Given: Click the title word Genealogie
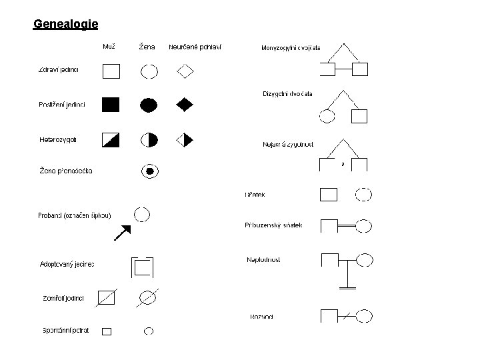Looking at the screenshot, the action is pos(66,25).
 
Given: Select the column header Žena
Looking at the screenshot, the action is pos(147,47).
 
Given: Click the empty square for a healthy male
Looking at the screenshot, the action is pos(111,71).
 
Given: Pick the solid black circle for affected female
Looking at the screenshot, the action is pos(149,104).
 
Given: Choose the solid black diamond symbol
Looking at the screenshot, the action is pos(185,104).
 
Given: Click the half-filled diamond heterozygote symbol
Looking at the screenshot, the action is pos(184,140).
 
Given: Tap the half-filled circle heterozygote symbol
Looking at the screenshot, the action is pos(149,140).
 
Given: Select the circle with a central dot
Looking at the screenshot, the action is pos(150,171).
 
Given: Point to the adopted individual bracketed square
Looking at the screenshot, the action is pos(143,267).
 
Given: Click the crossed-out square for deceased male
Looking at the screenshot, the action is pos(106,298).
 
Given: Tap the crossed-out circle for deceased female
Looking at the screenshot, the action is pos(148,298).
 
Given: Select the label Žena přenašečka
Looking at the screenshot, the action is pos(66,171).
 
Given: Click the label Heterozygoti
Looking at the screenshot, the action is pos(59,139).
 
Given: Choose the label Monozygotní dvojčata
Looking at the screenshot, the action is pos(291,48).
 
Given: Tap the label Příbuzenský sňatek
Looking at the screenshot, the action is pos(273,225).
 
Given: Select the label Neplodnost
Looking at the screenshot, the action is pos(263,259).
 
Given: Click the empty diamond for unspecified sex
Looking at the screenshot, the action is pos(185,70).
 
